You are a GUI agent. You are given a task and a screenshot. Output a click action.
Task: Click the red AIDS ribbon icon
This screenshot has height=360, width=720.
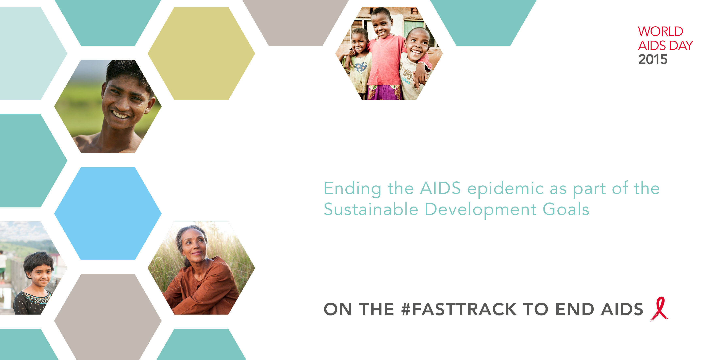point(660,309)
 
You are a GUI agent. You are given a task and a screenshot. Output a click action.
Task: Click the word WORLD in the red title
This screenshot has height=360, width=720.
point(660,31)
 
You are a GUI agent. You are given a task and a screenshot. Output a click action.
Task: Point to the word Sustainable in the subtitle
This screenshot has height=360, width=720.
point(371,209)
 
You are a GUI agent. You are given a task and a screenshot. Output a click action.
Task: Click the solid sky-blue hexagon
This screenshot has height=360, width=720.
point(108,214)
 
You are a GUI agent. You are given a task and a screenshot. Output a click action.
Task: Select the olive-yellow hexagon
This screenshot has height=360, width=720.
point(201,53)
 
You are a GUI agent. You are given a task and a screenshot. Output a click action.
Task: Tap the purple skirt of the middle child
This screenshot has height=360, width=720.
point(384,92)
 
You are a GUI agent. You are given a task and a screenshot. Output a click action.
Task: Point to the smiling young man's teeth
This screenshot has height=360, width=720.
point(120,115)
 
